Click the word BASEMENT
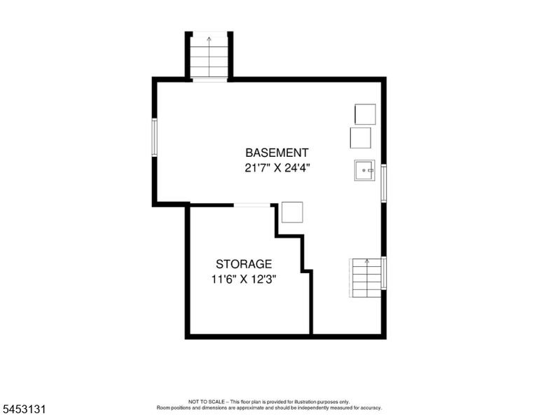[277, 153]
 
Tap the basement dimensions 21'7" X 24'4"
[277, 168]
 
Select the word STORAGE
[244, 264]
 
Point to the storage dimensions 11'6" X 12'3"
[244, 279]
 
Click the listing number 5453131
[24, 409]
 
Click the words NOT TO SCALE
[206, 401]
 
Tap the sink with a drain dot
[365, 170]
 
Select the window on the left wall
[154, 137]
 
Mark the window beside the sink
[384, 183]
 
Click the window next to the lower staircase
[384, 273]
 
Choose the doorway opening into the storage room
[252, 205]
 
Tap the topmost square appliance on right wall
[365, 114]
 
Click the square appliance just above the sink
[361, 138]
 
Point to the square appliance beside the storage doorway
[292, 212]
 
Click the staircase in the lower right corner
[366, 278]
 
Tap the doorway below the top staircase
[209, 80]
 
